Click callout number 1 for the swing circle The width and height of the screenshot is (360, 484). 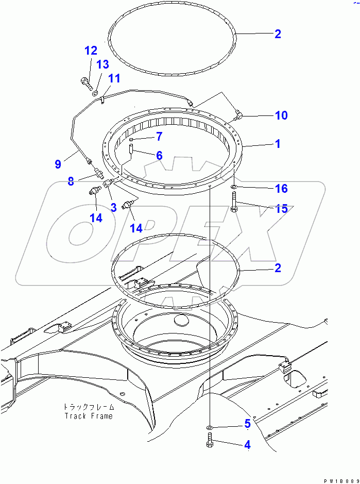click(x=278, y=144)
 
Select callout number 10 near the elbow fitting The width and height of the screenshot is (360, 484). click(x=281, y=115)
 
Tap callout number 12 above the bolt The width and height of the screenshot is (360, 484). click(x=91, y=51)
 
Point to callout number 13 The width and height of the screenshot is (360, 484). click(x=102, y=64)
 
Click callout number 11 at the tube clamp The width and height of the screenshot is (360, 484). click(x=114, y=78)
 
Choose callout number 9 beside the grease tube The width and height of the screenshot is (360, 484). click(x=58, y=164)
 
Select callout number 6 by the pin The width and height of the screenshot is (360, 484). click(x=159, y=155)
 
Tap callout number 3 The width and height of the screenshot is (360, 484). click(x=113, y=207)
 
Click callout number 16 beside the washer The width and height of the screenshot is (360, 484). click(x=281, y=189)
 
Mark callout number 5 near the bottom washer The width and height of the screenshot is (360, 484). click(x=247, y=424)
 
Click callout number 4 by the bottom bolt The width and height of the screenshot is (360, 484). click(x=247, y=444)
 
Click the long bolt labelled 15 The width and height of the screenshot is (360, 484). click(x=234, y=201)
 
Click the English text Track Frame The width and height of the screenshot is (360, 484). click(x=88, y=416)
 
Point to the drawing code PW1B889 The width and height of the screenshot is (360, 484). click(x=340, y=480)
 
